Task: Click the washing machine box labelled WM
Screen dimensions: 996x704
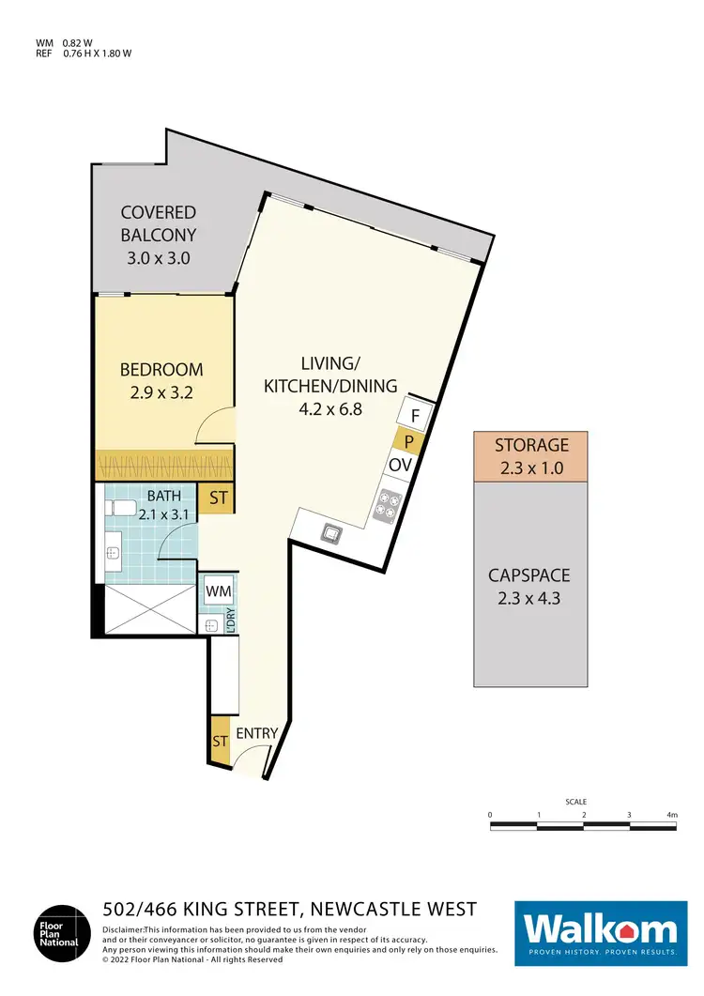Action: (218, 591)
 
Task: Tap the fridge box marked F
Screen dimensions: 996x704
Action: (415, 413)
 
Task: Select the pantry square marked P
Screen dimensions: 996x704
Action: (409, 441)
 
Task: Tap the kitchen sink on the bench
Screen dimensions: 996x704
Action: (330, 534)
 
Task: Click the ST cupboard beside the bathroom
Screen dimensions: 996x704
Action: (218, 498)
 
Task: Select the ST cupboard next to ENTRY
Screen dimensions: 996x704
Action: (219, 741)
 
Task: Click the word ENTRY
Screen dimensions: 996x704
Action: (256, 734)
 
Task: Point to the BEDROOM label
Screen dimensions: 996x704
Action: (162, 370)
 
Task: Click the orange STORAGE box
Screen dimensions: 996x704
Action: (532, 455)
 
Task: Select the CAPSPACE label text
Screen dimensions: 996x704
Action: (532, 575)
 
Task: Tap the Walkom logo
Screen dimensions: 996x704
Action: (601, 932)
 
